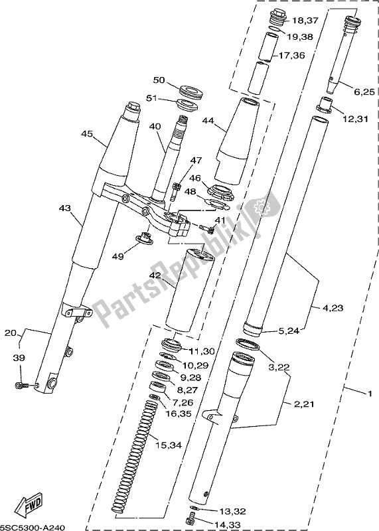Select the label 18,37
click(x=305, y=21)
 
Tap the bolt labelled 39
click(x=22, y=384)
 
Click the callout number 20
click(x=11, y=333)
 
